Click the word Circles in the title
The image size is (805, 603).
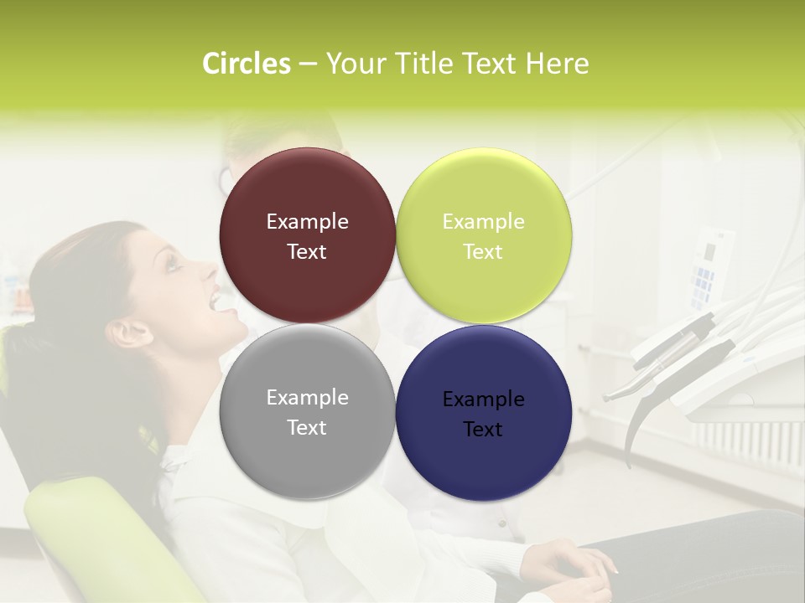(x=247, y=64)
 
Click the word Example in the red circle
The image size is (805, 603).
(x=307, y=222)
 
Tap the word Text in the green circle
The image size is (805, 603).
(x=483, y=252)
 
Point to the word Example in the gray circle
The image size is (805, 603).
(x=307, y=398)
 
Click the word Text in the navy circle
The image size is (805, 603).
(x=483, y=430)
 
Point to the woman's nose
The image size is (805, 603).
(x=209, y=270)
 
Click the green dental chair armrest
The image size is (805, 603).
(x=101, y=536)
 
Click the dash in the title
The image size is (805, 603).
(x=308, y=64)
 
